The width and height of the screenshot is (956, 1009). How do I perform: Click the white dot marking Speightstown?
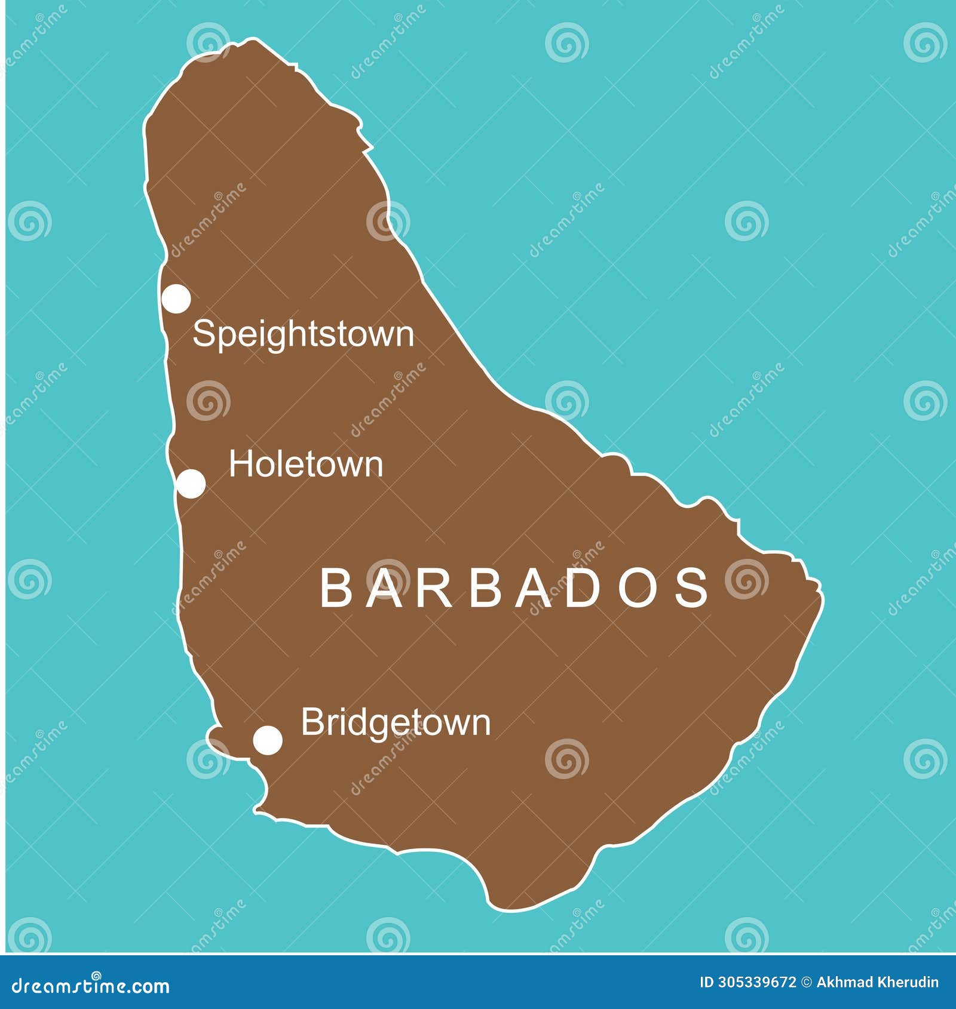click(176, 299)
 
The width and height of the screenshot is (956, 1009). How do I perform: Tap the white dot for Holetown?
click(191, 484)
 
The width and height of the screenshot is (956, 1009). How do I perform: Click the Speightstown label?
click(303, 334)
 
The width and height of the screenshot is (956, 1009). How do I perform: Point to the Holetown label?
click(306, 464)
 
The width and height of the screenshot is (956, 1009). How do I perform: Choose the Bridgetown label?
click(396, 723)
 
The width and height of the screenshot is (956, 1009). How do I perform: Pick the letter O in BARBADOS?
click(638, 587)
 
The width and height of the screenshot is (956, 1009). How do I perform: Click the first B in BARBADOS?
click(337, 587)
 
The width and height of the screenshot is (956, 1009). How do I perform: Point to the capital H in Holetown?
click(240, 464)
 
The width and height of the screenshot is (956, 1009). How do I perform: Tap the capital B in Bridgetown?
click(311, 722)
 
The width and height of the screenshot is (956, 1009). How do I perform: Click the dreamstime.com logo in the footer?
click(91, 986)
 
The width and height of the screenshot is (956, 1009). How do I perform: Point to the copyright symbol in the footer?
click(806, 982)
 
